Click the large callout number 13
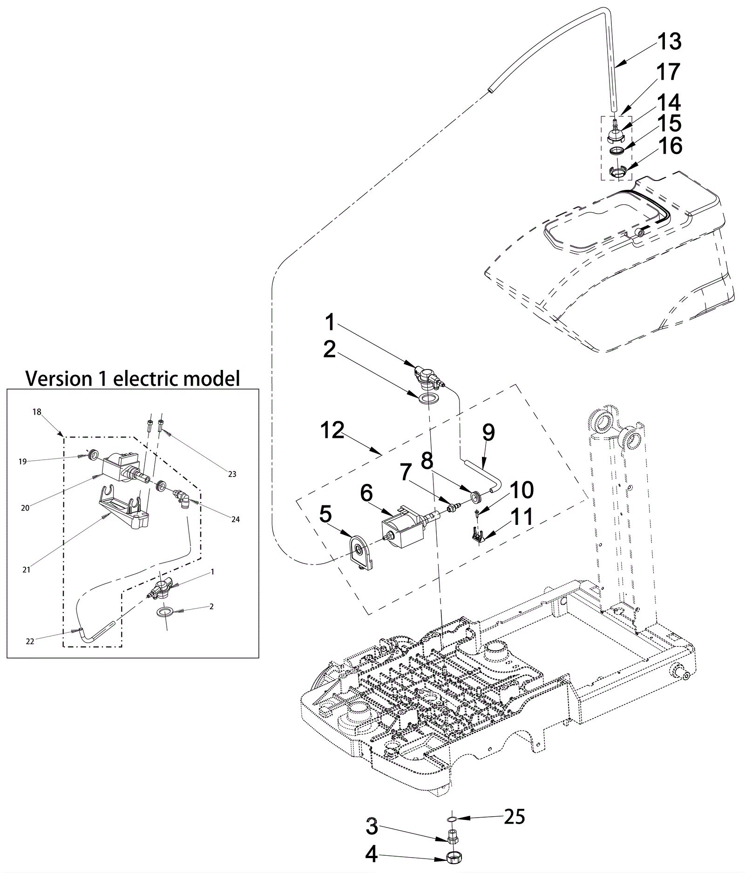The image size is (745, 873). (x=669, y=42)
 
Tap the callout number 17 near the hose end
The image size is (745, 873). (x=669, y=72)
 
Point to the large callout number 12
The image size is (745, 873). (x=332, y=430)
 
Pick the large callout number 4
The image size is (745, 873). (x=371, y=854)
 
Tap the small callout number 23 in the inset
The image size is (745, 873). (x=232, y=474)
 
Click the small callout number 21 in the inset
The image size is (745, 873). (x=27, y=569)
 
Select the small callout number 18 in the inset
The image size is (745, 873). (x=37, y=412)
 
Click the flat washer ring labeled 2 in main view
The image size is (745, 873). (x=427, y=398)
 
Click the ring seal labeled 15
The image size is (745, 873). (x=616, y=151)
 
